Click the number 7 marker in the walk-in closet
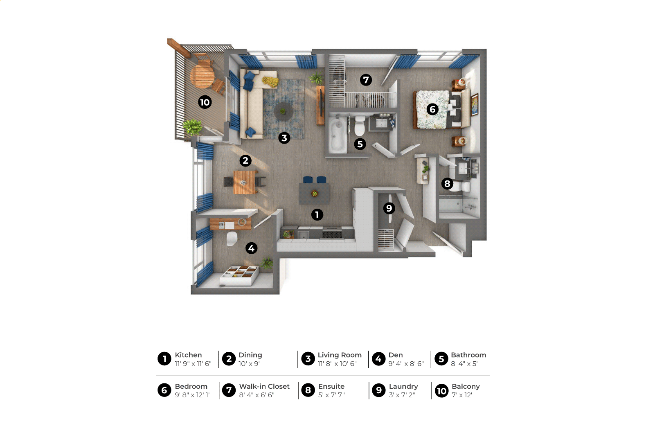(x=366, y=80)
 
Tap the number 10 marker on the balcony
(x=205, y=102)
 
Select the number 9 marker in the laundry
(x=389, y=208)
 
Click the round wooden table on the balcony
(x=202, y=77)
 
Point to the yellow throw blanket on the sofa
(x=270, y=81)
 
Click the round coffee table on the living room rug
(x=284, y=111)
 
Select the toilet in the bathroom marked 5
(x=360, y=126)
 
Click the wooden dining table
(x=245, y=182)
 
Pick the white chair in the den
(x=232, y=239)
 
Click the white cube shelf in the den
(x=239, y=275)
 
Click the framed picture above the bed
(x=475, y=104)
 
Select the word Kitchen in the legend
(x=188, y=355)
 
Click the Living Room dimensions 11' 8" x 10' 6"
(x=337, y=364)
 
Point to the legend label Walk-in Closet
(x=264, y=386)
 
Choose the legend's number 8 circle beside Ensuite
(x=308, y=390)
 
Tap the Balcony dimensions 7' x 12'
(x=462, y=395)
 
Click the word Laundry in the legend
(x=403, y=386)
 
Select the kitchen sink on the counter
(x=303, y=234)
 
